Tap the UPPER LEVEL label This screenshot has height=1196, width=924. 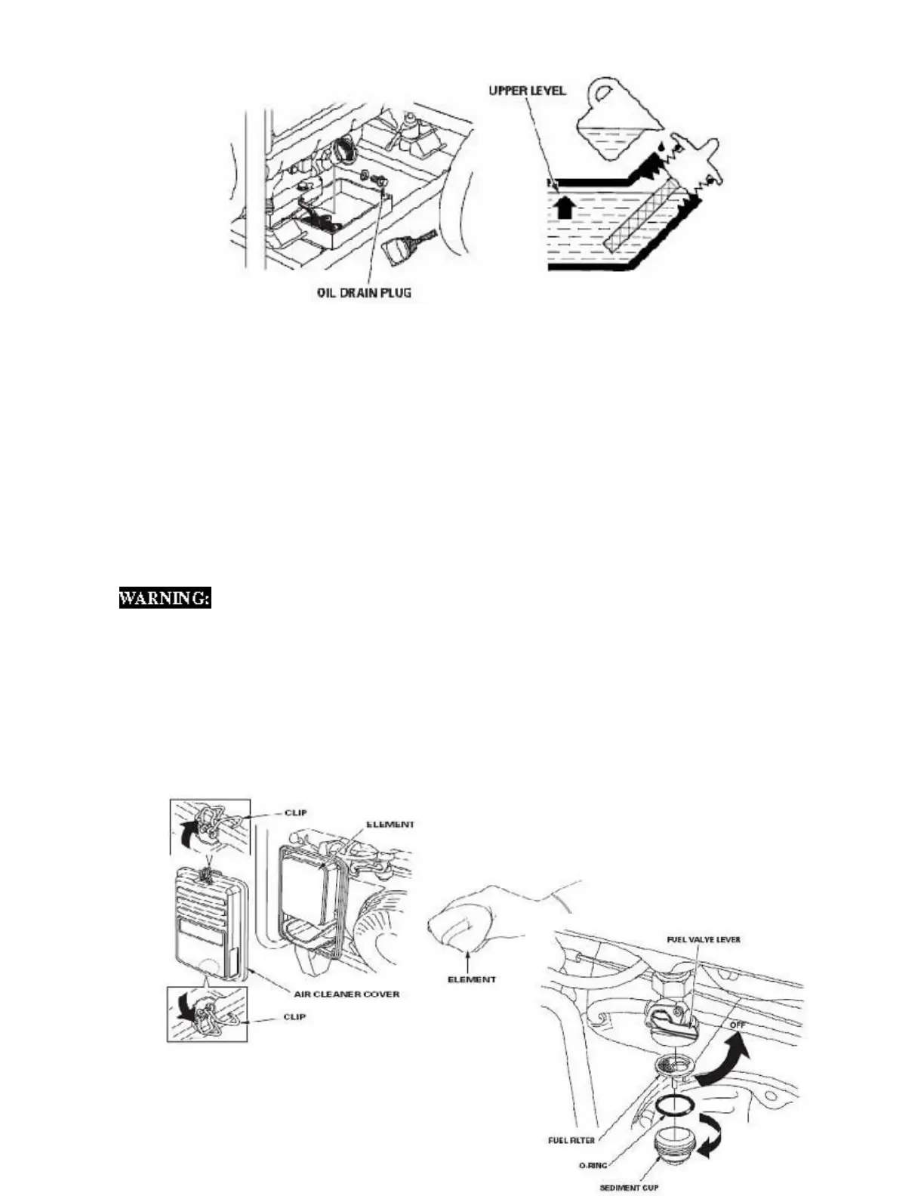pyautogui.click(x=528, y=91)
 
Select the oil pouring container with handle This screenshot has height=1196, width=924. pyautogui.click(x=611, y=120)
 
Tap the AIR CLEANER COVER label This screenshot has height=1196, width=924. pyautogui.click(x=354, y=994)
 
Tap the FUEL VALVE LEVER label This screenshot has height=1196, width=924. pyautogui.click(x=703, y=939)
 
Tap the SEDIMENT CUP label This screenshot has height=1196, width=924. pyautogui.click(x=630, y=1188)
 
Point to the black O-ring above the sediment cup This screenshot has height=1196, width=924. pyautogui.click(x=673, y=1105)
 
